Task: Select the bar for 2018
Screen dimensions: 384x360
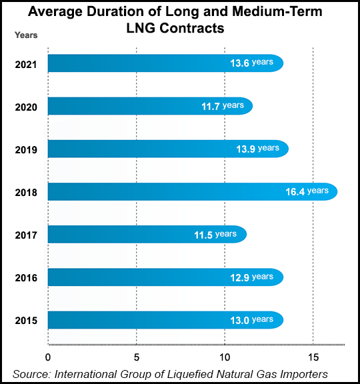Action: coord(192,191)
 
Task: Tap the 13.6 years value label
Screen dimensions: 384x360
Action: coord(251,63)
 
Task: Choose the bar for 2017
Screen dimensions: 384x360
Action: coord(147,234)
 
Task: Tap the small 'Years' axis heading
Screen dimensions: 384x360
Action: coord(26,35)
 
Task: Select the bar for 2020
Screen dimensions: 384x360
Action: coord(150,105)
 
